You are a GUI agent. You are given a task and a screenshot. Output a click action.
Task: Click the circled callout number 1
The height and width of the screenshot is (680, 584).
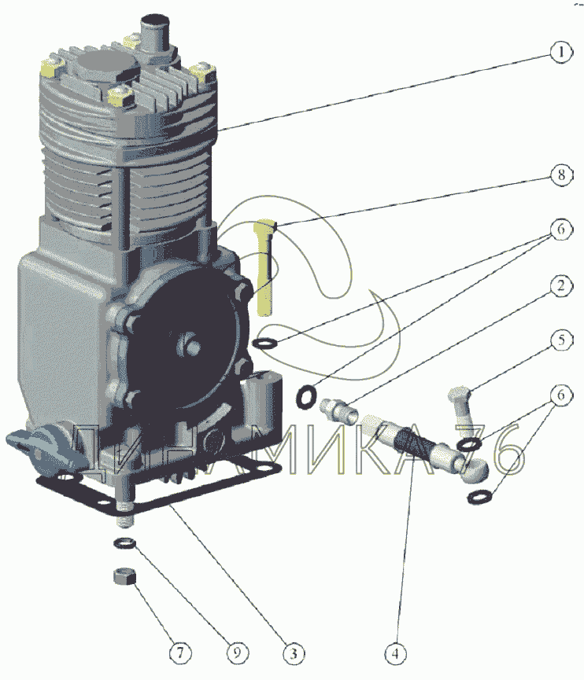561,53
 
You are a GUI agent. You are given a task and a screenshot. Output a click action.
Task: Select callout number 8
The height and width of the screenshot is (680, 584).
561,175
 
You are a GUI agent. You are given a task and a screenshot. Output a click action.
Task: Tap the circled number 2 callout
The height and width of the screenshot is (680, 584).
561,286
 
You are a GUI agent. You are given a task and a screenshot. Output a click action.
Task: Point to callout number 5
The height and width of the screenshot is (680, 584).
561,340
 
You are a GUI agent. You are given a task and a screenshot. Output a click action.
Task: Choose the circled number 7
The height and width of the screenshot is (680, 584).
180,652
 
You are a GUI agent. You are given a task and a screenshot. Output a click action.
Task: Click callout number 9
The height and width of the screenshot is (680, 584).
237,652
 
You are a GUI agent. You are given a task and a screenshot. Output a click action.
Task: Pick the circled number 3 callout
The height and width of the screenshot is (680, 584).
294,652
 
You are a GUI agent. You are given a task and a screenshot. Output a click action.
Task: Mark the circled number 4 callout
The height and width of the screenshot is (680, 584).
395,652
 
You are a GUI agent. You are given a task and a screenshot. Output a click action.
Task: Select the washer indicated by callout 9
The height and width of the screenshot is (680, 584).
124,542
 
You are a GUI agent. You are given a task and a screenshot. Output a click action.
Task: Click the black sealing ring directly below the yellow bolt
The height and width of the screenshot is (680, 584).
265,344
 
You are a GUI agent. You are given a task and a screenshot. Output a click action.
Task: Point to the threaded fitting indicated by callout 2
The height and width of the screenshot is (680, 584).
338,410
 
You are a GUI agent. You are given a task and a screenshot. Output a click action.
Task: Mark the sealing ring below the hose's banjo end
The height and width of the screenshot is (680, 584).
479,497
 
